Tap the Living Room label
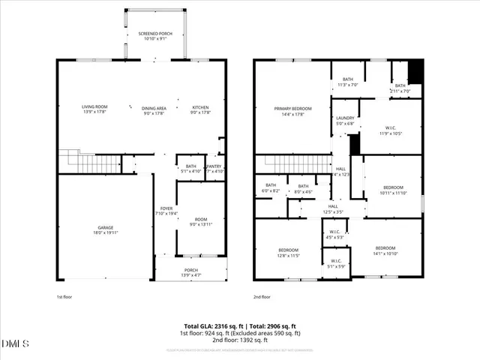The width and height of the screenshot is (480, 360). [x=94, y=107]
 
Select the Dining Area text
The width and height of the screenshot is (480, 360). [x=154, y=109]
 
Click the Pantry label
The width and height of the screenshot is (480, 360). [x=214, y=166]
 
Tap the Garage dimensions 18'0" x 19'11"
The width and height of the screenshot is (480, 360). [x=105, y=232]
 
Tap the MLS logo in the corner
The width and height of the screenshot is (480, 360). [x=16, y=344]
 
